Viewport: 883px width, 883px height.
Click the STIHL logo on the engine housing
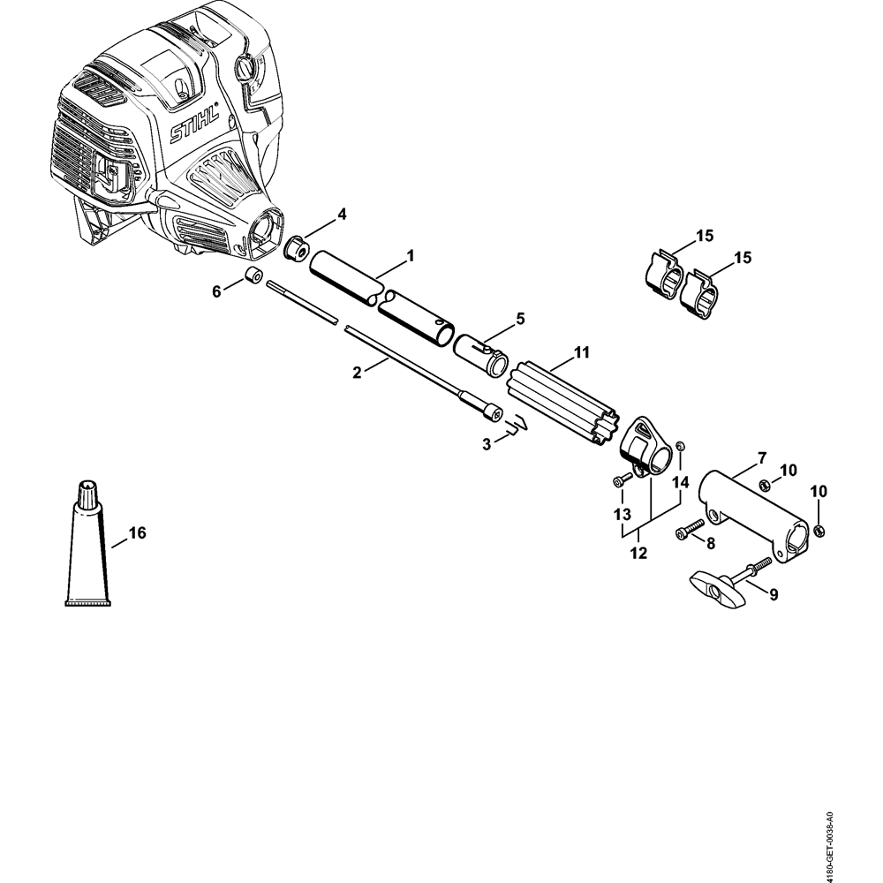pyautogui.click(x=194, y=132)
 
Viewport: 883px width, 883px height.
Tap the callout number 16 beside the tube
pyautogui.click(x=138, y=532)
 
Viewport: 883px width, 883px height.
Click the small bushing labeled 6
pyautogui.click(x=254, y=276)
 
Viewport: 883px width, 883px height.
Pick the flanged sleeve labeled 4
pyautogui.click(x=296, y=248)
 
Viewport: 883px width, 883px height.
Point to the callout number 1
pyautogui.click(x=411, y=256)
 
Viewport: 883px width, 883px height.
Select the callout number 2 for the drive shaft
pyautogui.click(x=357, y=373)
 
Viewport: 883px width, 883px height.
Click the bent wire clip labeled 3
pyautogui.click(x=516, y=430)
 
